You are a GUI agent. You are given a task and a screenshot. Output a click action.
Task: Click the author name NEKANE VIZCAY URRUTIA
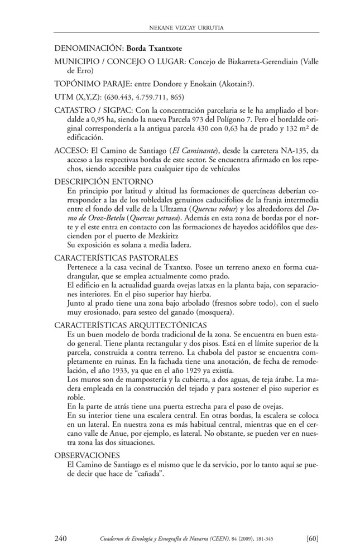tap(180, 26)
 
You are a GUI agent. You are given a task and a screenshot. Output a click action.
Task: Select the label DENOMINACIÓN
tap(89, 49)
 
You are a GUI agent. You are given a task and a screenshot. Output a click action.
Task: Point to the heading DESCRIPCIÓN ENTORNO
tap(104, 182)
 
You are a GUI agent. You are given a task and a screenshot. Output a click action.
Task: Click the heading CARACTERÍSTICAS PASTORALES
tap(116, 258)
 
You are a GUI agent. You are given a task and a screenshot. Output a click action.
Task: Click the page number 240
tap(61, 538)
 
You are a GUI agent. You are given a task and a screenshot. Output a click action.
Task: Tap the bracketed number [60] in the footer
tap(313, 538)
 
